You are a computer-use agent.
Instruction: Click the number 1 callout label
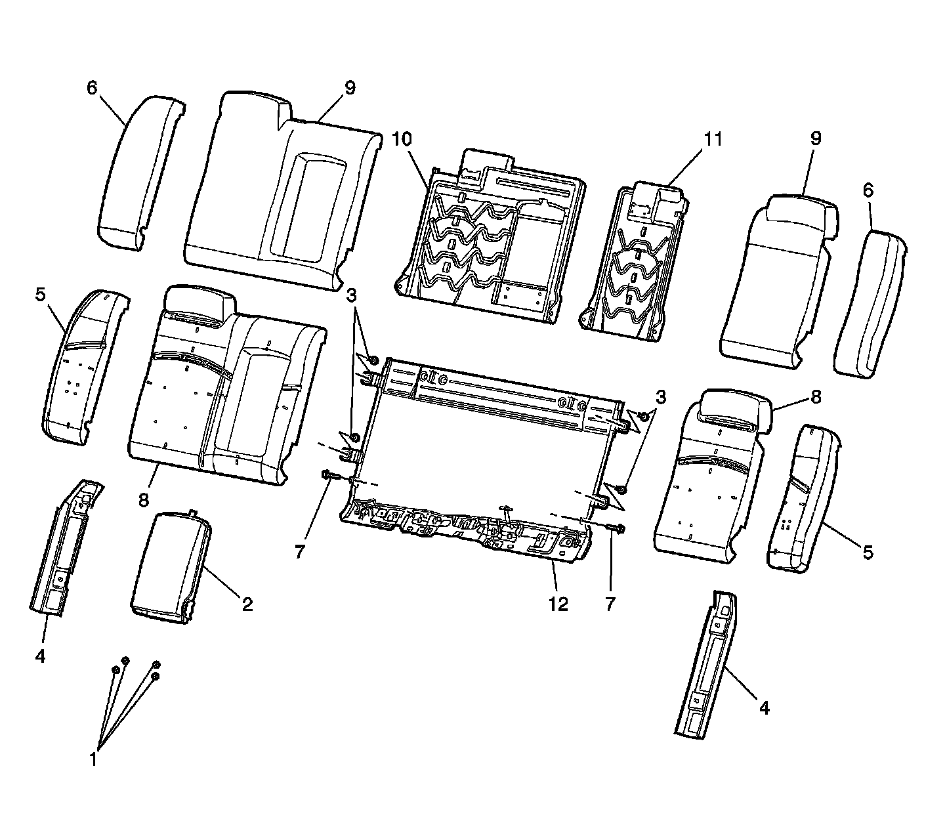94,759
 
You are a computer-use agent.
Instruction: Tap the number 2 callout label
247,604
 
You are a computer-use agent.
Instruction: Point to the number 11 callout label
713,139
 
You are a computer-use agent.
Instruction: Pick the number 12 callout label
558,604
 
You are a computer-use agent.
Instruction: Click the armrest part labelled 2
172,564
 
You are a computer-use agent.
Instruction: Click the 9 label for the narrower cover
816,139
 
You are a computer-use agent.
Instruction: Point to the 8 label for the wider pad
143,500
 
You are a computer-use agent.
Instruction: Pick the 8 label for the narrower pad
816,397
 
